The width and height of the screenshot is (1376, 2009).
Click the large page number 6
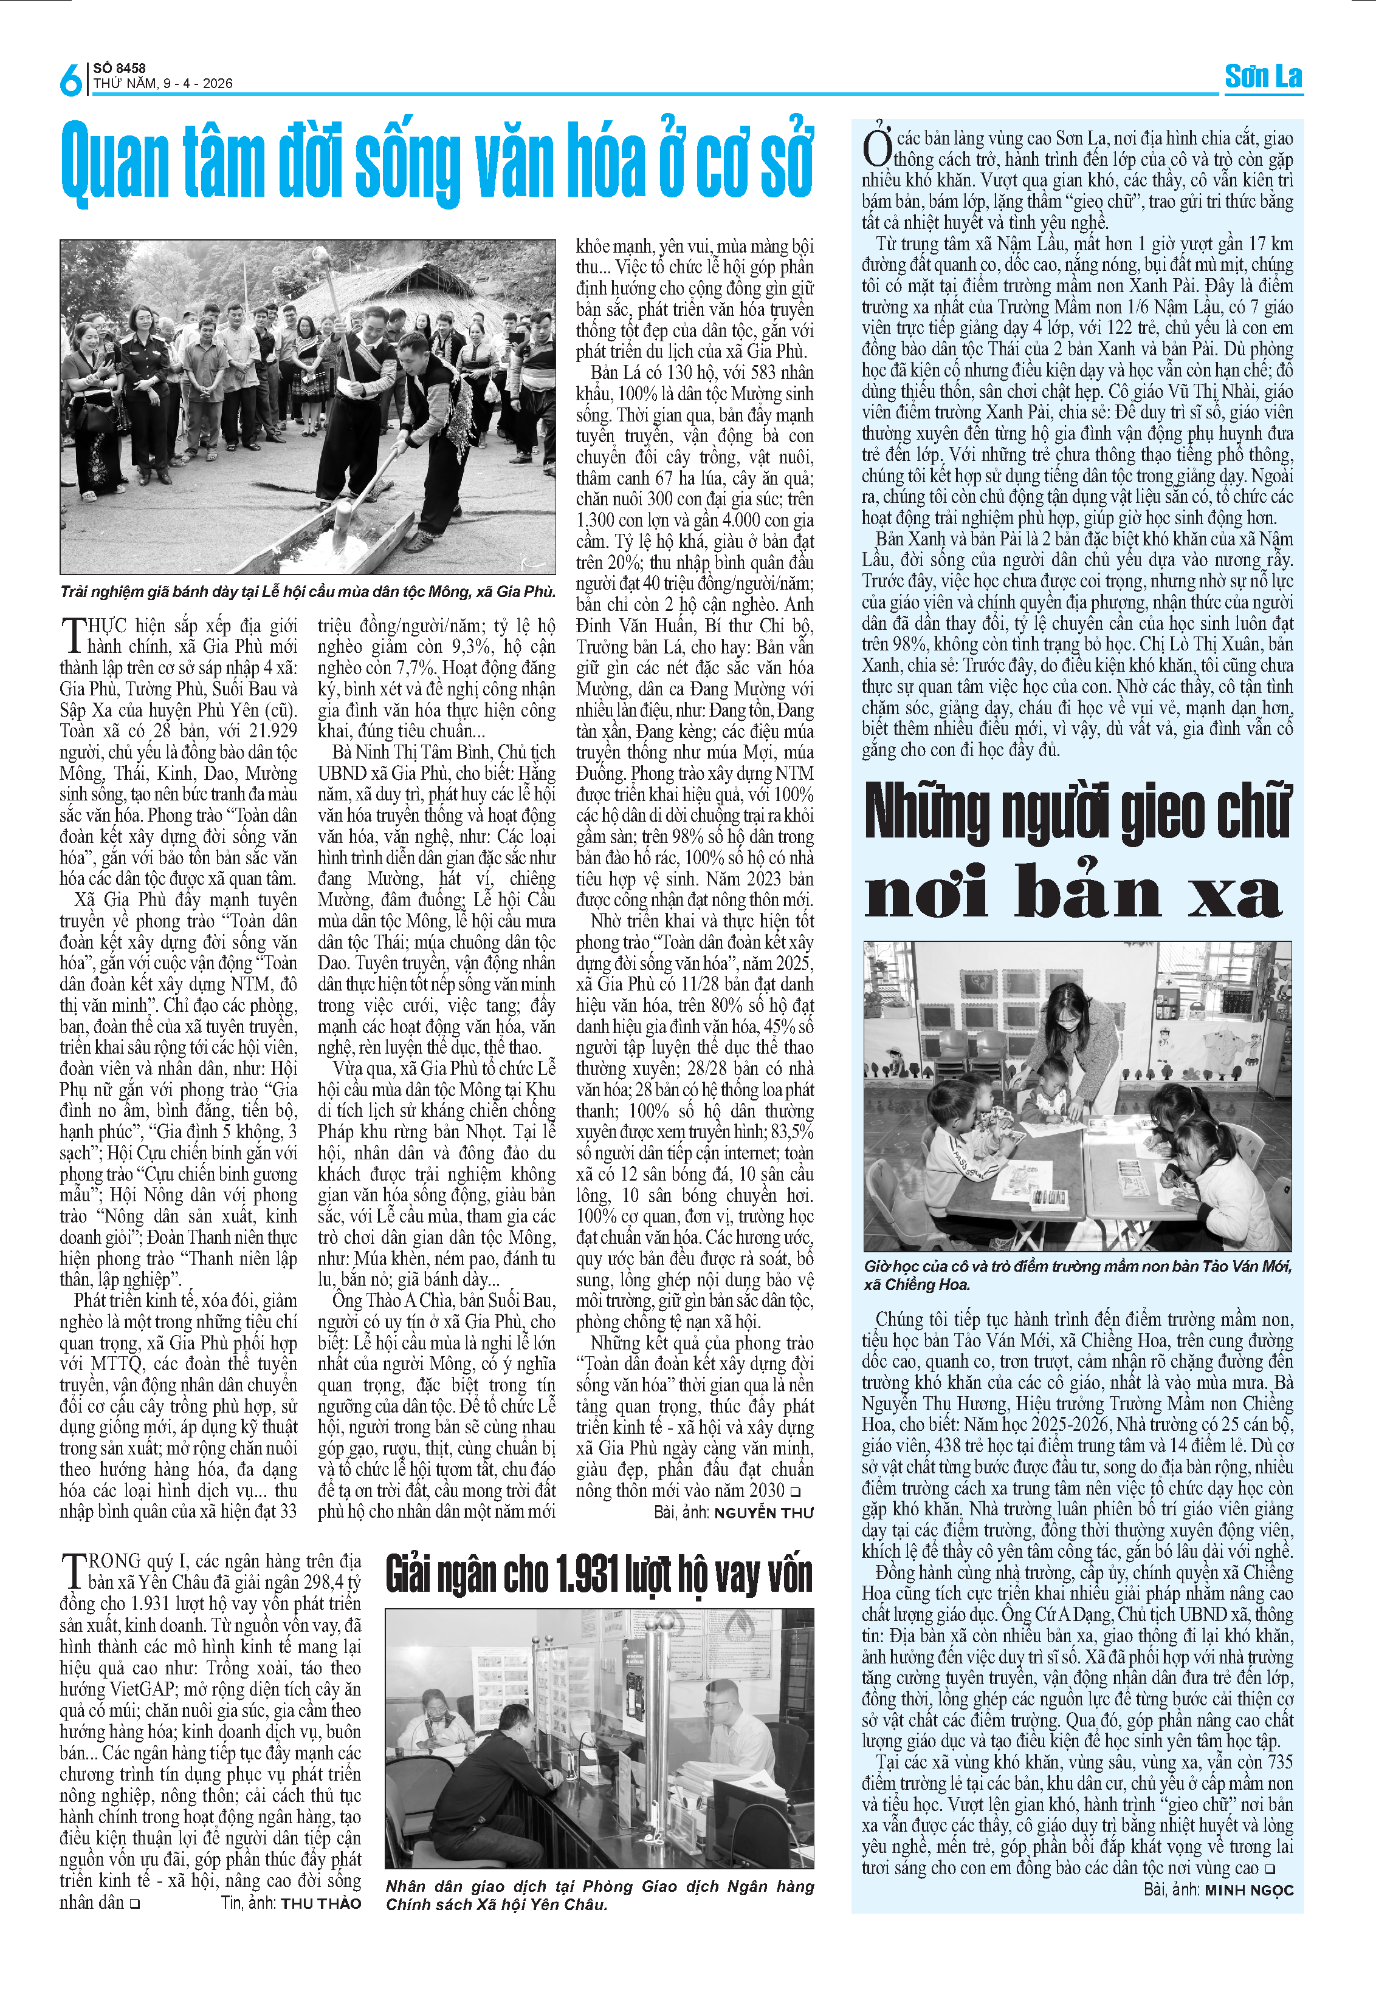point(70,80)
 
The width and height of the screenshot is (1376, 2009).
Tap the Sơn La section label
point(1263,77)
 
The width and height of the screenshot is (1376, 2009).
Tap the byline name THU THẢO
point(321,1903)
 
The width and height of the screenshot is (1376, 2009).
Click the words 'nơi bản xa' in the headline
point(1073,893)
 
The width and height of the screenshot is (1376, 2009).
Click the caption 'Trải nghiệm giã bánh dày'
point(307,592)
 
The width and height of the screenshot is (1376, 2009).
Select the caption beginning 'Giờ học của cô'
point(1077,1275)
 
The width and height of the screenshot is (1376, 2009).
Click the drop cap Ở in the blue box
point(877,146)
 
